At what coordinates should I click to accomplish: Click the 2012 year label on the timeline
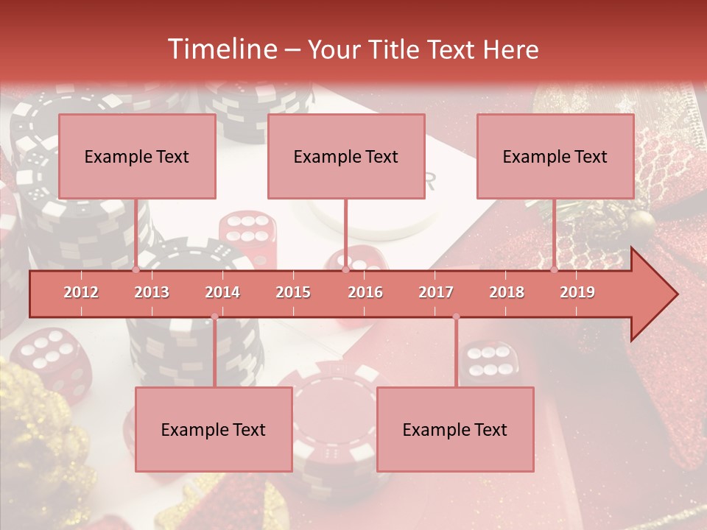point(81,292)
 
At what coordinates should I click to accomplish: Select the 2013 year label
point(152,292)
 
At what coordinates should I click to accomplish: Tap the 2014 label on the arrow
point(222,292)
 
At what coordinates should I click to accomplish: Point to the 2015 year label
point(293,292)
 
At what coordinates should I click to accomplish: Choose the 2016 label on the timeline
point(365,292)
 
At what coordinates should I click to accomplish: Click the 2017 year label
point(436,292)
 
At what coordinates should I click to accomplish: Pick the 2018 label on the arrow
point(507,292)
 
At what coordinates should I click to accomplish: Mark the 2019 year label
point(577,292)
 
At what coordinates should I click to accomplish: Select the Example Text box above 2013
point(137,156)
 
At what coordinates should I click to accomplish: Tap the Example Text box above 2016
point(346,156)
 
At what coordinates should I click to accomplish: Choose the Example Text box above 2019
point(555,156)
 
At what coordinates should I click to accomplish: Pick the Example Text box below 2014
point(214,429)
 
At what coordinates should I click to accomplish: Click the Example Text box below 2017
point(455,429)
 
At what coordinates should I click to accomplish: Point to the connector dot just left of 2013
point(136,270)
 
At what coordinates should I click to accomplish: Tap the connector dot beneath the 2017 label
point(456,317)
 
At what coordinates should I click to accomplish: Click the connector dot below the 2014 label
point(214,317)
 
